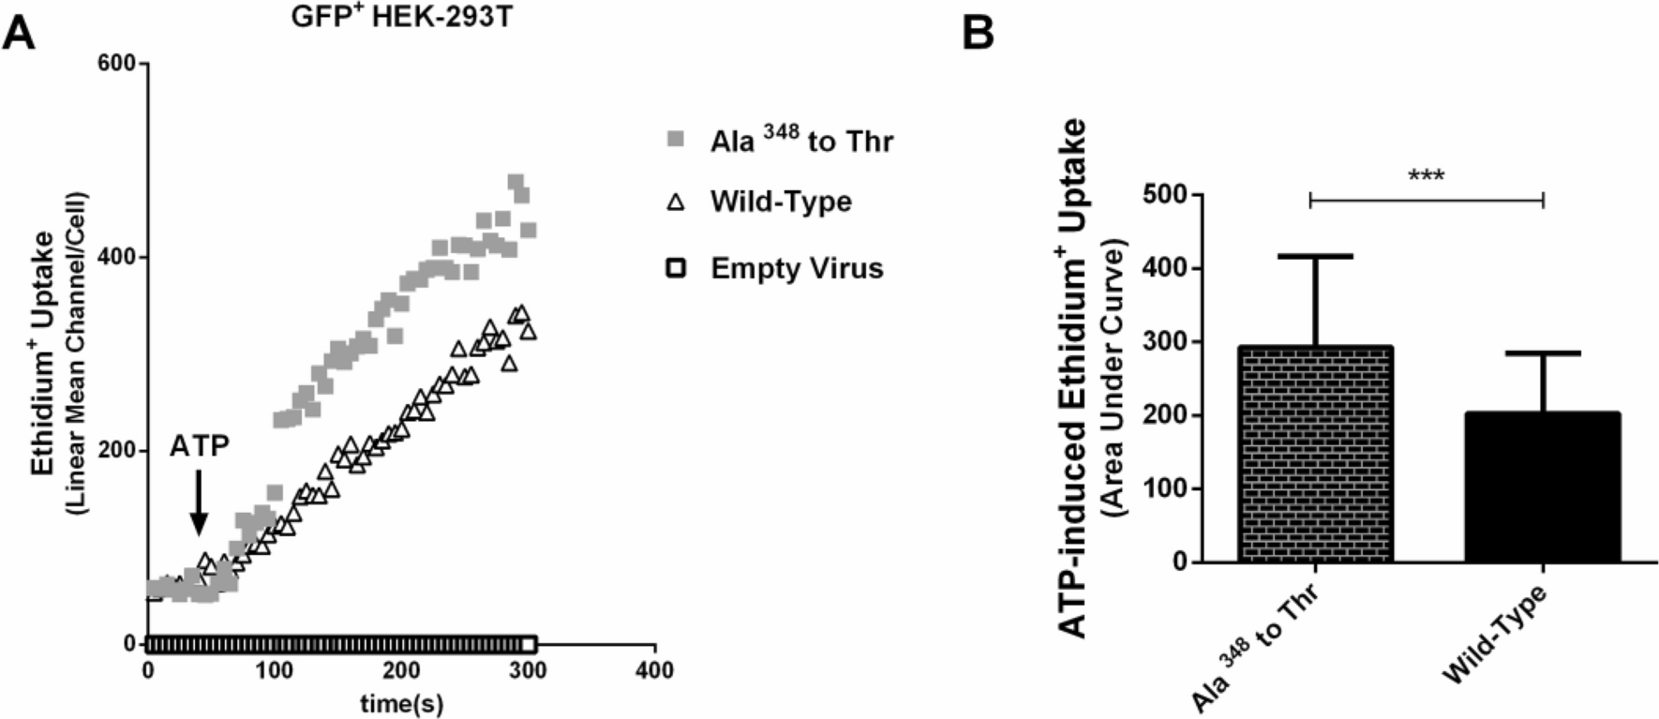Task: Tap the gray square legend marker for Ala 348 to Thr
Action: (673, 141)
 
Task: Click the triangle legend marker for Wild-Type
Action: (673, 202)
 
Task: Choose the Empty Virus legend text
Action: (796, 268)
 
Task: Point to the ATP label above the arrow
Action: (199, 446)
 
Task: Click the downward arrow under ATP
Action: (198, 503)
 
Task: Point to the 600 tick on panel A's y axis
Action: (123, 64)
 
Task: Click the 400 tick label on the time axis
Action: (654, 670)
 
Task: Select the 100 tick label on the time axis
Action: (275, 670)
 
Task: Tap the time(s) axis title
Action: (401, 703)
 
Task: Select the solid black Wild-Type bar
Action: (1542, 487)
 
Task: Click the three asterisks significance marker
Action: (1426, 176)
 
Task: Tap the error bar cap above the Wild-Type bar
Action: (1542, 353)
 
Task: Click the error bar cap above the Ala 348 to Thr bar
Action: (1315, 256)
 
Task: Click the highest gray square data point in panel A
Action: (516, 182)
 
